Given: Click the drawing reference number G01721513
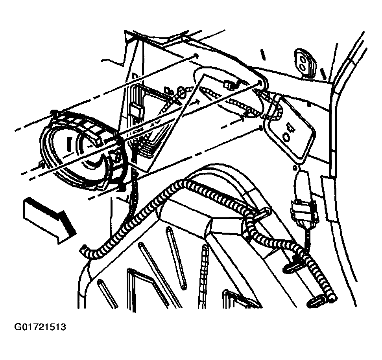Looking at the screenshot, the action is point(40,327).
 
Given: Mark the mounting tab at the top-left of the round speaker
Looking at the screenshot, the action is point(55,112).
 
